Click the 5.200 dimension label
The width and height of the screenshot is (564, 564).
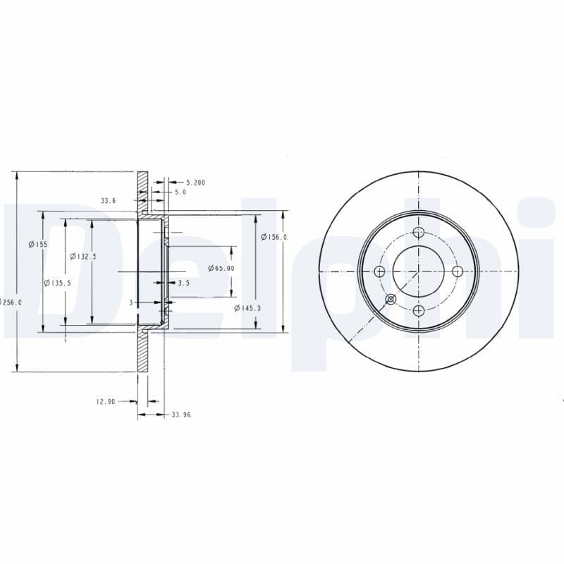pos(195,183)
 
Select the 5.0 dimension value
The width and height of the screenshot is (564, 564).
pos(180,192)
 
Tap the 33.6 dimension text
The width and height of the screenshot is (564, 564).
pos(108,201)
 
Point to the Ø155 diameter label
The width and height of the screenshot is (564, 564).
pos(38,244)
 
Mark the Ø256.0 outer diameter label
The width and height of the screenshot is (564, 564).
pos(11,302)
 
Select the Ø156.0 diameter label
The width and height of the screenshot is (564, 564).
pos(274,237)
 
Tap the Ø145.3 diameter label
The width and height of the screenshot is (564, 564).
pos(247,308)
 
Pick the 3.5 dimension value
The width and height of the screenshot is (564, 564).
pos(183,283)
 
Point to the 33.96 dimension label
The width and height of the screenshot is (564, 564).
pos(182,415)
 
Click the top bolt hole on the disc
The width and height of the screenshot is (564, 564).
pos(419,233)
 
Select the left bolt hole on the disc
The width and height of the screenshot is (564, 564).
pos(380,271)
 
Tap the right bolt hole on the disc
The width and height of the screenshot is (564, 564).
pos(457,271)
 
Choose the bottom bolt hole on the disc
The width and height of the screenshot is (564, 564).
pos(419,310)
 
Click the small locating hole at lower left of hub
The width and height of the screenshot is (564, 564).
pos(391,300)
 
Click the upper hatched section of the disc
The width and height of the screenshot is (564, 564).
pos(143,190)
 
